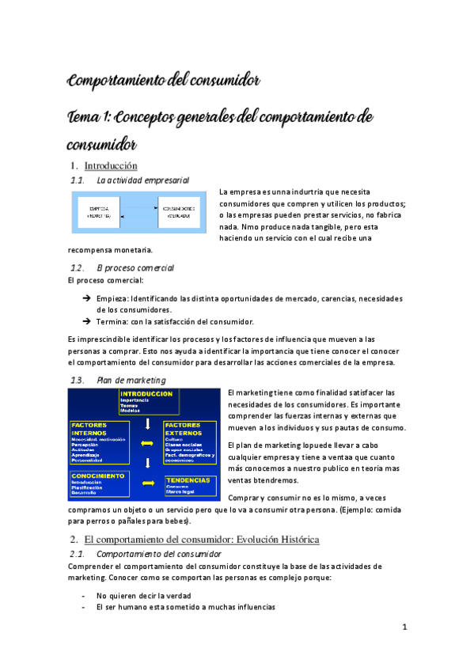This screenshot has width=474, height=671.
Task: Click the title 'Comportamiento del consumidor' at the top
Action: click(164, 81)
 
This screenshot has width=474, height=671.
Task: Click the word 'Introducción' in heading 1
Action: click(111, 165)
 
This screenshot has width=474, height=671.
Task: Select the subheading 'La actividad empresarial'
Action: click(142, 180)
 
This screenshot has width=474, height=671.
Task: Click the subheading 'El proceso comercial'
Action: click(135, 267)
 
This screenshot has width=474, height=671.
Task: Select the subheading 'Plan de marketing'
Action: click(131, 380)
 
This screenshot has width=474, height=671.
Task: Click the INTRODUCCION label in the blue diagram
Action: click(146, 393)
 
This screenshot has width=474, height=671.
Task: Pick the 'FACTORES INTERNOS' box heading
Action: click(89, 429)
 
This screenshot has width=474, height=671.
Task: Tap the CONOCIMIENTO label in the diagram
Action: click(97, 476)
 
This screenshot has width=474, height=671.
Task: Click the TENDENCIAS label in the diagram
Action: click(188, 480)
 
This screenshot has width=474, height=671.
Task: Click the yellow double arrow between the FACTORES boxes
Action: click(146, 443)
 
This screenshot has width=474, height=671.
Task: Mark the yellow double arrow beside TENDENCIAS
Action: click(146, 481)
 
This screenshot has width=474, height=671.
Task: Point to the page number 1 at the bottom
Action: click(404, 627)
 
